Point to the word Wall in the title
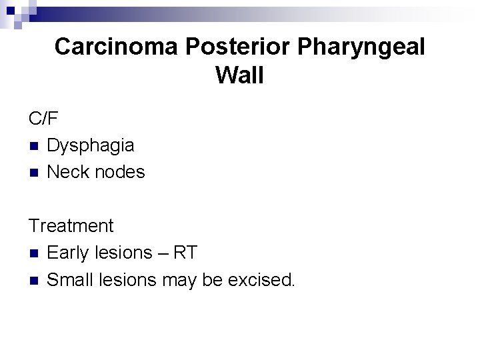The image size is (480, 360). (x=240, y=75)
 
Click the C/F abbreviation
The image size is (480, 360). (x=43, y=119)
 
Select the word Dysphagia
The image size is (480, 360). (x=91, y=145)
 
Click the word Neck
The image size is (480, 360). (x=68, y=172)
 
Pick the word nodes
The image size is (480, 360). (x=120, y=172)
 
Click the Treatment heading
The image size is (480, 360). (x=71, y=226)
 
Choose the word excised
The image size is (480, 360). (x=261, y=279)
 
